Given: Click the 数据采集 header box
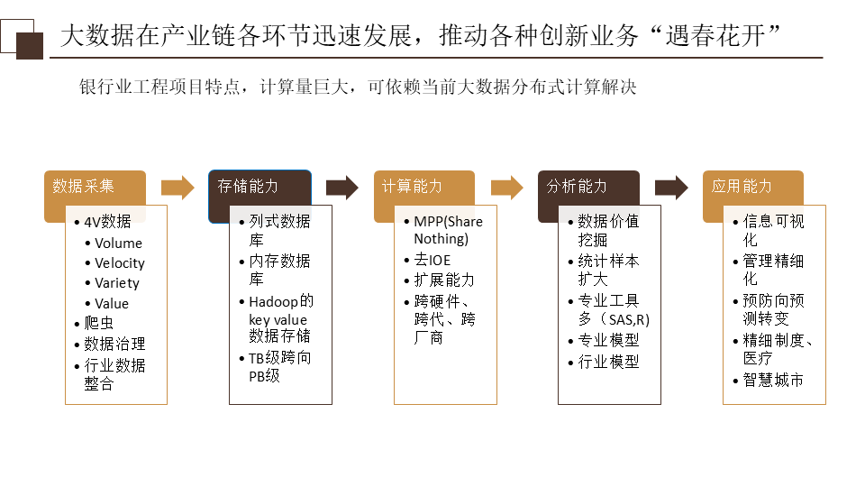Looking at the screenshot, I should click(95, 187).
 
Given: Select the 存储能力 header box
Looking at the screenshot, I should click(259, 187).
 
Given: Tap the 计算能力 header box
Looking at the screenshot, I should click(423, 187).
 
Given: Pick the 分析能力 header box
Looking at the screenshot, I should click(588, 187).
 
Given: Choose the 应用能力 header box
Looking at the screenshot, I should click(752, 187).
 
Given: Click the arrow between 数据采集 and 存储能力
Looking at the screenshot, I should click(178, 188).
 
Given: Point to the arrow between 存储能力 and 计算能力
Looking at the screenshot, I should click(342, 188).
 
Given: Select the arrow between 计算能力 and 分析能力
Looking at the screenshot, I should click(506, 188).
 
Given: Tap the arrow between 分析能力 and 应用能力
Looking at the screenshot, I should click(671, 188).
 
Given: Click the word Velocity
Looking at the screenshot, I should click(120, 263).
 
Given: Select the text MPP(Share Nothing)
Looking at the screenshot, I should click(448, 231).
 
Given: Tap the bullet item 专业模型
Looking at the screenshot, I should click(608, 341).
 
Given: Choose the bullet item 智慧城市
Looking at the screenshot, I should click(773, 380).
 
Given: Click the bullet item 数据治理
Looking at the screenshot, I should click(114, 345).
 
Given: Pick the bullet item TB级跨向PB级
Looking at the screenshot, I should click(280, 367).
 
